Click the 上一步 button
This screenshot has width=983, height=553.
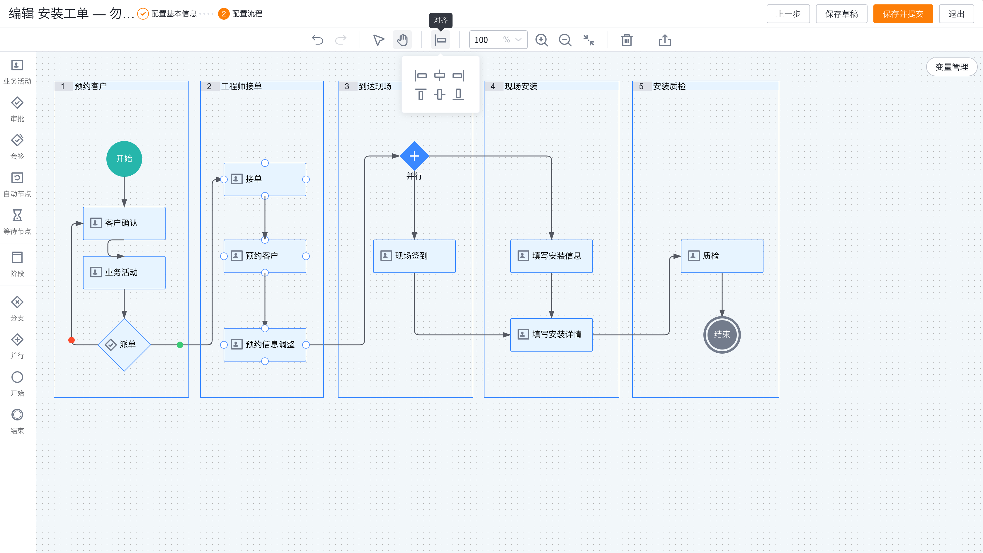click(788, 14)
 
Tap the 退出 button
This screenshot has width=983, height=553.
click(956, 14)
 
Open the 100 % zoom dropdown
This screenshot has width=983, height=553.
click(498, 40)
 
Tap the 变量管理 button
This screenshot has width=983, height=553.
click(951, 67)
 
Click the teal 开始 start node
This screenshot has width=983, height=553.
click(124, 159)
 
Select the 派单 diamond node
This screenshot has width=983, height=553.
click(124, 344)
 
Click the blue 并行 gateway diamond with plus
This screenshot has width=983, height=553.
click(414, 156)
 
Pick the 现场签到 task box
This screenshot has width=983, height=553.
click(414, 256)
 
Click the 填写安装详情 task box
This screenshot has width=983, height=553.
click(551, 335)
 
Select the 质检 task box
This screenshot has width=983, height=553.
click(722, 256)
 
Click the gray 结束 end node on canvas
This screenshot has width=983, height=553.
click(722, 335)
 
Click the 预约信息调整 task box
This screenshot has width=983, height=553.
click(265, 345)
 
